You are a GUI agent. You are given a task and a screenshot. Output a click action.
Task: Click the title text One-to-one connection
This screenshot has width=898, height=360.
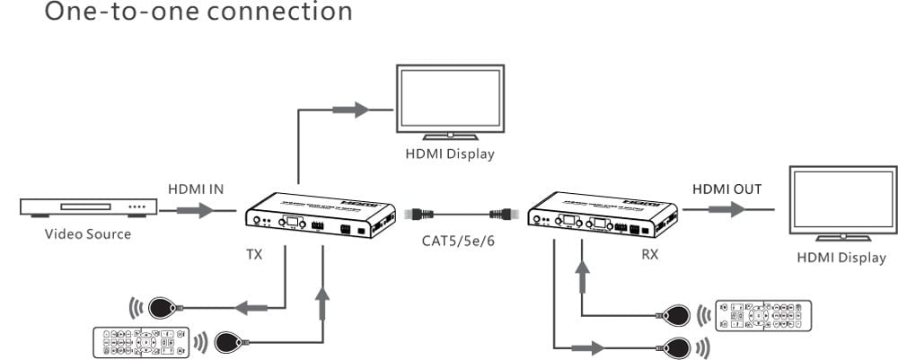176,13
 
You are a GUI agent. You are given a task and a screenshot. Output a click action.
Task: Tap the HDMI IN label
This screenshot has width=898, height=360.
195,189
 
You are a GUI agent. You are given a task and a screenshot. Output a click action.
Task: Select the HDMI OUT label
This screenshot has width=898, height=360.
726,189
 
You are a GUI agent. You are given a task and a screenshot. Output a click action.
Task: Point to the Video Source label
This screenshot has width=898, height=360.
88,234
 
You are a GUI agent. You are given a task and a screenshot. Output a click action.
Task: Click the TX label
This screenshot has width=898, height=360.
255,255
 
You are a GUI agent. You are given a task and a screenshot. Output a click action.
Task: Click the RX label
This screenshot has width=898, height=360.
649,255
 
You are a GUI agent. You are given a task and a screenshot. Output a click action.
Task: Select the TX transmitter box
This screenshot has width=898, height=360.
321,215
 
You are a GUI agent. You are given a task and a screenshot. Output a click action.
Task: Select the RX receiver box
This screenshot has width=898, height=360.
603,215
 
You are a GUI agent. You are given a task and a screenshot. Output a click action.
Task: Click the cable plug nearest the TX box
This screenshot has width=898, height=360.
419,214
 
